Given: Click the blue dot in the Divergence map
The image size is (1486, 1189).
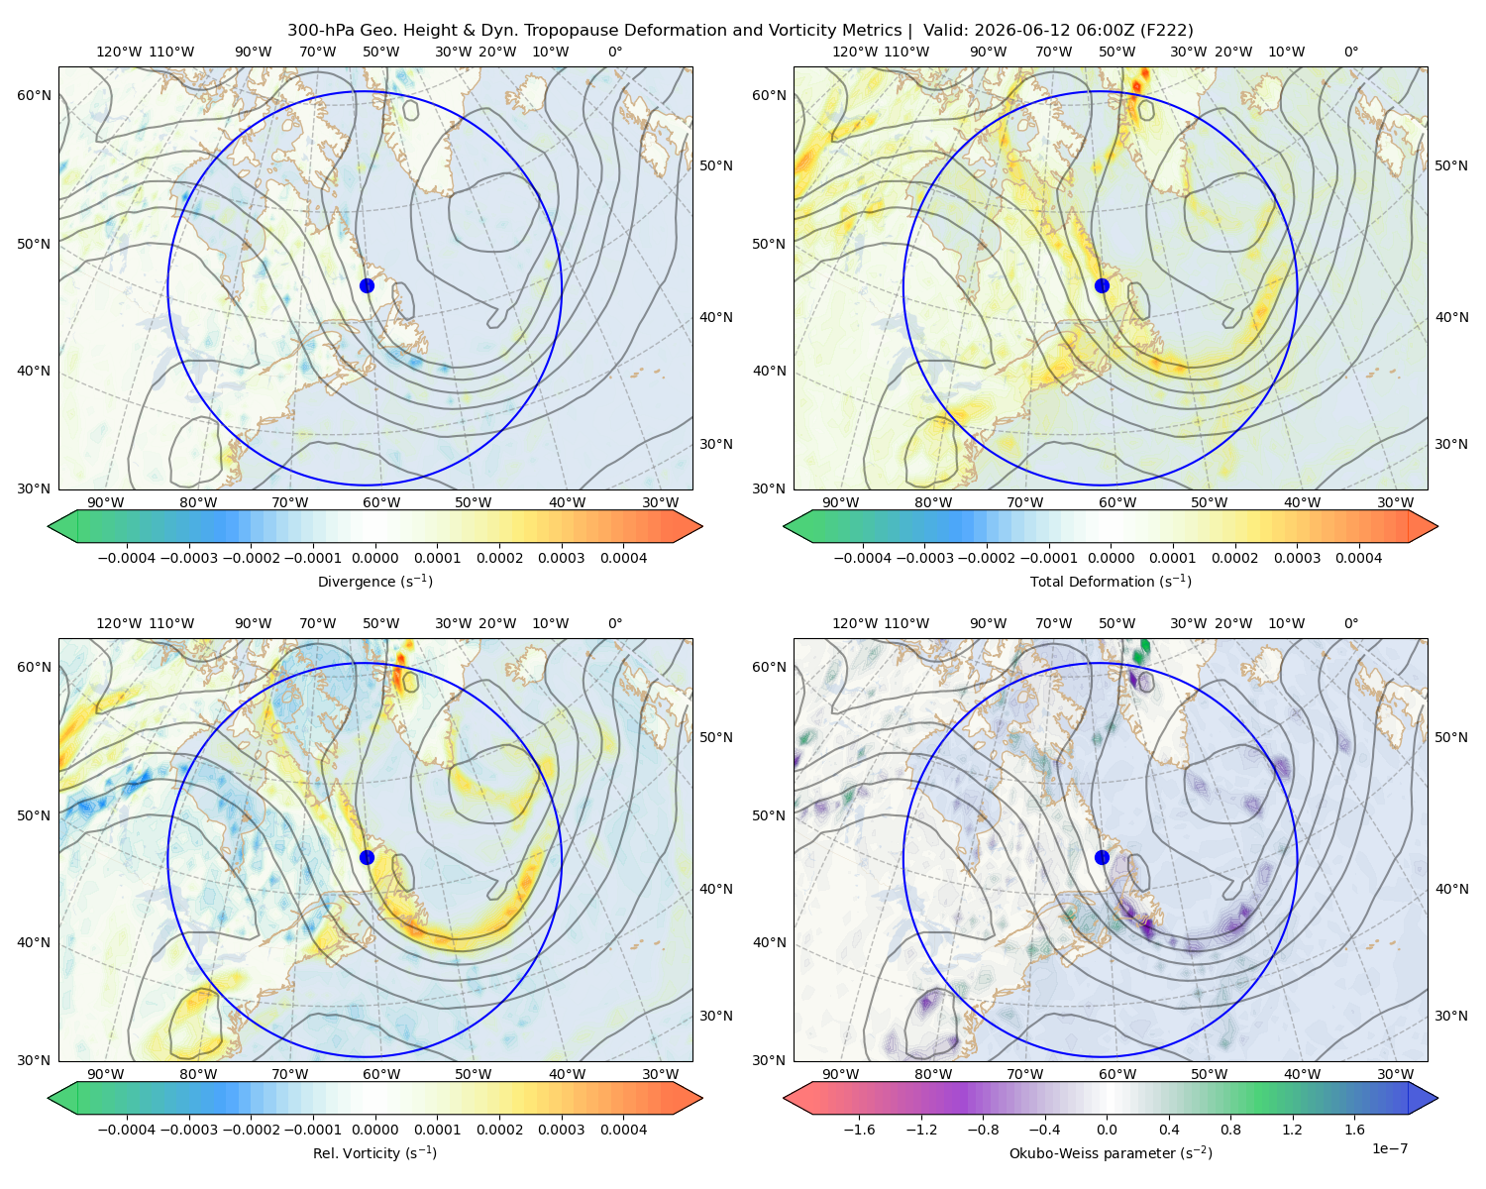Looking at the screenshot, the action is [x=367, y=285].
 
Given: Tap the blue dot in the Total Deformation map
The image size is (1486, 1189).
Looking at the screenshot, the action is [x=1102, y=285].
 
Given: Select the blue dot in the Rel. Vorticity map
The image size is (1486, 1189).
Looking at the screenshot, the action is [x=367, y=857].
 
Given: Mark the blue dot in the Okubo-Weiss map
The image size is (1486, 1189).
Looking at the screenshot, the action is [x=1102, y=857].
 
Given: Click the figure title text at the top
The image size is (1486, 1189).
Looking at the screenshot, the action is [x=740, y=31].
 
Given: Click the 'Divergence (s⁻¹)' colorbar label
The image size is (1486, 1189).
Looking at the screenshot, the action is [x=374, y=581].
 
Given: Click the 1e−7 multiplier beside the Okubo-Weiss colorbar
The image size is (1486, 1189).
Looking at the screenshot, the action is [x=1389, y=1148].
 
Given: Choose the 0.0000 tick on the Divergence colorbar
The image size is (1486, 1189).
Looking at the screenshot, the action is [x=374, y=558].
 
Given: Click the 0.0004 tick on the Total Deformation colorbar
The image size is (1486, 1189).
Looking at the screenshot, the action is [x=1358, y=558].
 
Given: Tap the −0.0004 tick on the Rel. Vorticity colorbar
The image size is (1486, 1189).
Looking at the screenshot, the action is [x=127, y=1129].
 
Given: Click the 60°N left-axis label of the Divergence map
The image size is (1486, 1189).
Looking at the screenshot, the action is [x=34, y=95].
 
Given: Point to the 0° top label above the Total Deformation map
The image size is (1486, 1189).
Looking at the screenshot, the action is [x=1350, y=52].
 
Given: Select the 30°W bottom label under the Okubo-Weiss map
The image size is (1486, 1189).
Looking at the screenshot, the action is [x=1395, y=1074].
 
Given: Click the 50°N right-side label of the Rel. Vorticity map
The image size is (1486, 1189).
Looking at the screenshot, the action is [x=716, y=737].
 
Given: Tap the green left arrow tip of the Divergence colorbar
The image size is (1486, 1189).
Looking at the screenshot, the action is [x=49, y=526].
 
